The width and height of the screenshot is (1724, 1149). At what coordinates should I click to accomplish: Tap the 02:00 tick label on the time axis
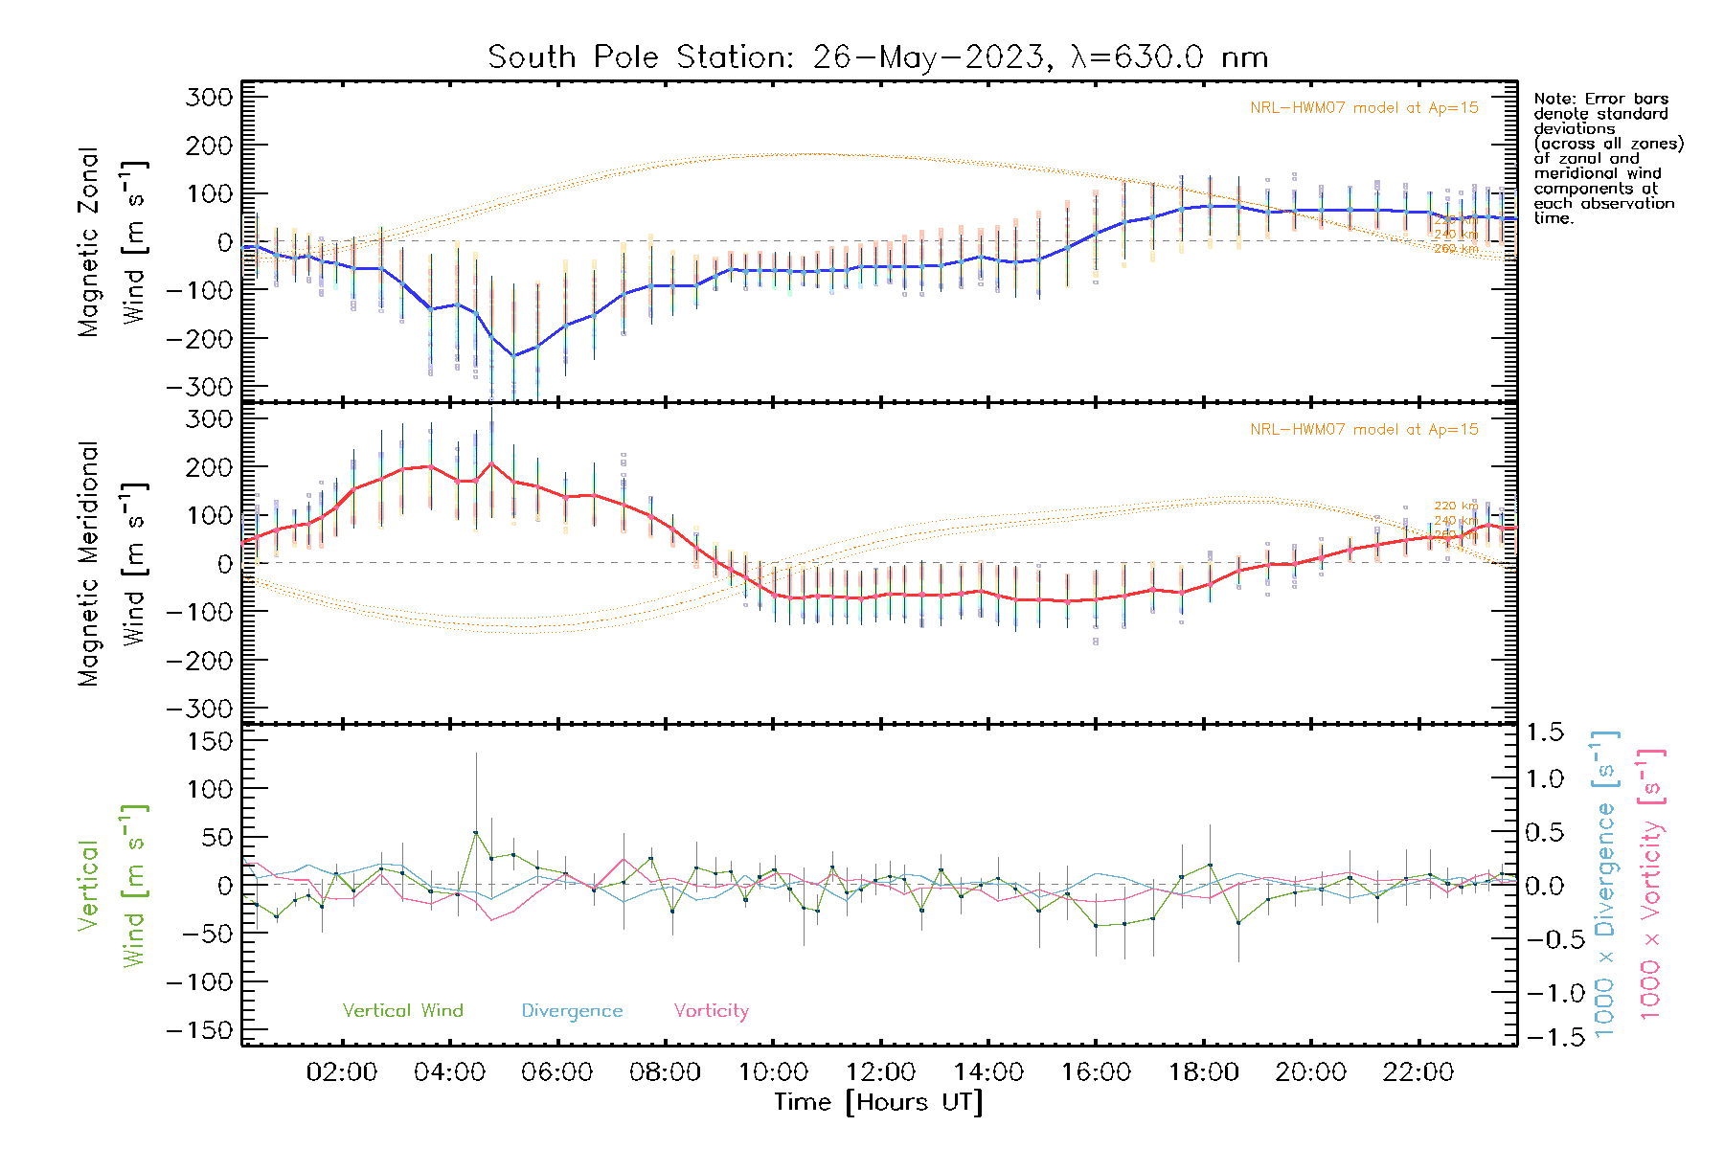(x=341, y=1072)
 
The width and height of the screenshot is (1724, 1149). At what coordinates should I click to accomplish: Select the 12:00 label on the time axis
(x=880, y=1072)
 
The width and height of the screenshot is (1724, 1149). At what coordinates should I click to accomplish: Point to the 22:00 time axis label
(x=1418, y=1072)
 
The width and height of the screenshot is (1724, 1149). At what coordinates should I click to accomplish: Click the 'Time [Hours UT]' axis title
(x=878, y=1102)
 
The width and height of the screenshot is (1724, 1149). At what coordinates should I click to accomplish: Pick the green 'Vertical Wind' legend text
(x=402, y=1011)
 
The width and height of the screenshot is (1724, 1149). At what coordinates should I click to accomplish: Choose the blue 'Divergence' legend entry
(x=572, y=1011)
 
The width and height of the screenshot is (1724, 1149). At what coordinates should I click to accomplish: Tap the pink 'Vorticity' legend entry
(x=711, y=1011)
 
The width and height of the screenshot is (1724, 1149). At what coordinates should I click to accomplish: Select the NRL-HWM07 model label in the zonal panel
(x=1364, y=108)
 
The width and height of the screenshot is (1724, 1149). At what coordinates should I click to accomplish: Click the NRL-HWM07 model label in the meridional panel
(x=1364, y=430)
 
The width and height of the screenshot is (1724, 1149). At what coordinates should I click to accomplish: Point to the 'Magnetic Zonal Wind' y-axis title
(x=113, y=241)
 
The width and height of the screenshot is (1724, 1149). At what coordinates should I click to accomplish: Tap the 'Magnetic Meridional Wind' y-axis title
(x=113, y=563)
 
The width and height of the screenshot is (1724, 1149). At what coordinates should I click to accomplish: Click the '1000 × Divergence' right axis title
(x=1605, y=884)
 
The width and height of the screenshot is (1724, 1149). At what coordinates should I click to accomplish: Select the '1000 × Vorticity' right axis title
(x=1650, y=884)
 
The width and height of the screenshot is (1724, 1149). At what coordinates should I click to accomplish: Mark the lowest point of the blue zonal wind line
(x=514, y=356)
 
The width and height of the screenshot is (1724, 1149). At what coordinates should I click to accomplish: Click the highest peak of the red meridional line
(x=492, y=463)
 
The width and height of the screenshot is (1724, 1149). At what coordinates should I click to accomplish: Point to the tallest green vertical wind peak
(x=476, y=832)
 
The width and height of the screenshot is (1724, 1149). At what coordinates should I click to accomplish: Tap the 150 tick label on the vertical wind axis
(x=211, y=741)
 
